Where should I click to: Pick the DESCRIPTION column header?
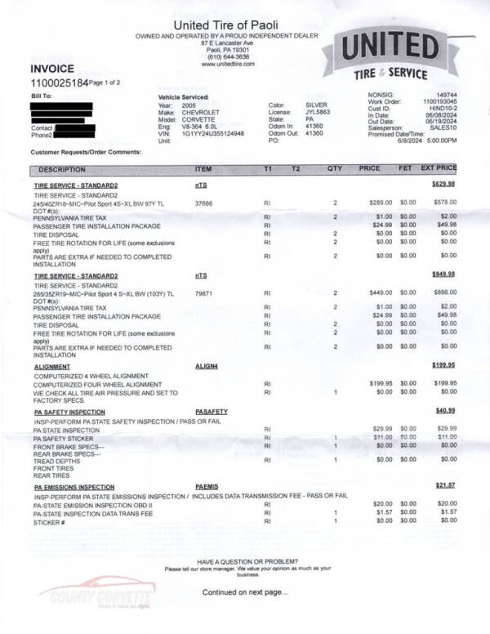click(x=61, y=169)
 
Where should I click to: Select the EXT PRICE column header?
click(x=439, y=168)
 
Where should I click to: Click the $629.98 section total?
click(x=443, y=185)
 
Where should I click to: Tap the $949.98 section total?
click(x=443, y=275)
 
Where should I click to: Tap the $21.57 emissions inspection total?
click(x=446, y=487)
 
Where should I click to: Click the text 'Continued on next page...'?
click(x=245, y=592)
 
